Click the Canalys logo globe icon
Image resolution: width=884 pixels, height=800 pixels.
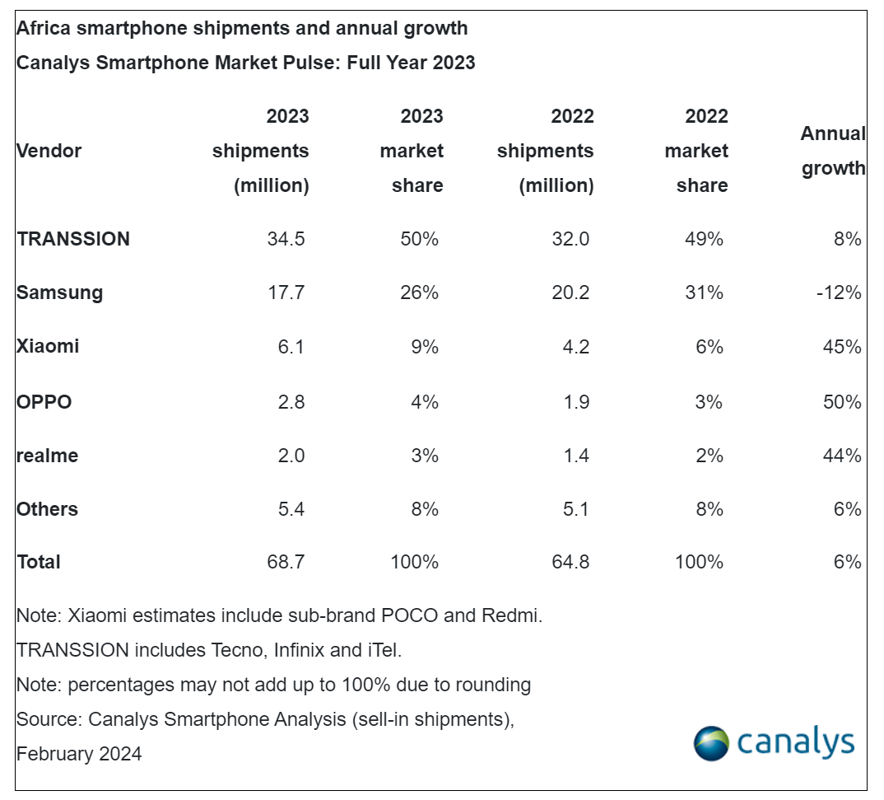(x=710, y=743)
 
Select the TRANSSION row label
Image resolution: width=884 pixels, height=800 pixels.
(x=73, y=239)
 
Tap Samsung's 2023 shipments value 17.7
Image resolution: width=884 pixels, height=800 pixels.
(x=287, y=292)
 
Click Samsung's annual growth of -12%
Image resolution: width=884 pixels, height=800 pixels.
(x=838, y=292)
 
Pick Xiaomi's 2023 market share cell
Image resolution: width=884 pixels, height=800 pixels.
(x=425, y=347)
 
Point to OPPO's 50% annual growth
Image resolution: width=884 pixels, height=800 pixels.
(x=841, y=402)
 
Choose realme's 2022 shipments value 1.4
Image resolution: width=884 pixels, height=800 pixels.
(x=572, y=456)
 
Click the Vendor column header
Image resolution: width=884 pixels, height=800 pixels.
(x=49, y=151)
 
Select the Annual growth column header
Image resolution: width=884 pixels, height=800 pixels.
(x=833, y=151)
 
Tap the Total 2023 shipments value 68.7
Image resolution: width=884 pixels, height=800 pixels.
(x=287, y=563)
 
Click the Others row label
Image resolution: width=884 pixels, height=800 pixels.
(x=47, y=509)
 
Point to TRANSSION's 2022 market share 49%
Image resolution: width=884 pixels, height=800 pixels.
(x=704, y=239)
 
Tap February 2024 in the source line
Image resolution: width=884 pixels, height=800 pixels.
(x=79, y=753)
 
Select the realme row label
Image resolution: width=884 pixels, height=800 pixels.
(x=47, y=456)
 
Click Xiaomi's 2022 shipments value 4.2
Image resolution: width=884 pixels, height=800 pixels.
(x=572, y=347)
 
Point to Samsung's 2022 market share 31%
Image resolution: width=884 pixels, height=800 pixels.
(x=704, y=292)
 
